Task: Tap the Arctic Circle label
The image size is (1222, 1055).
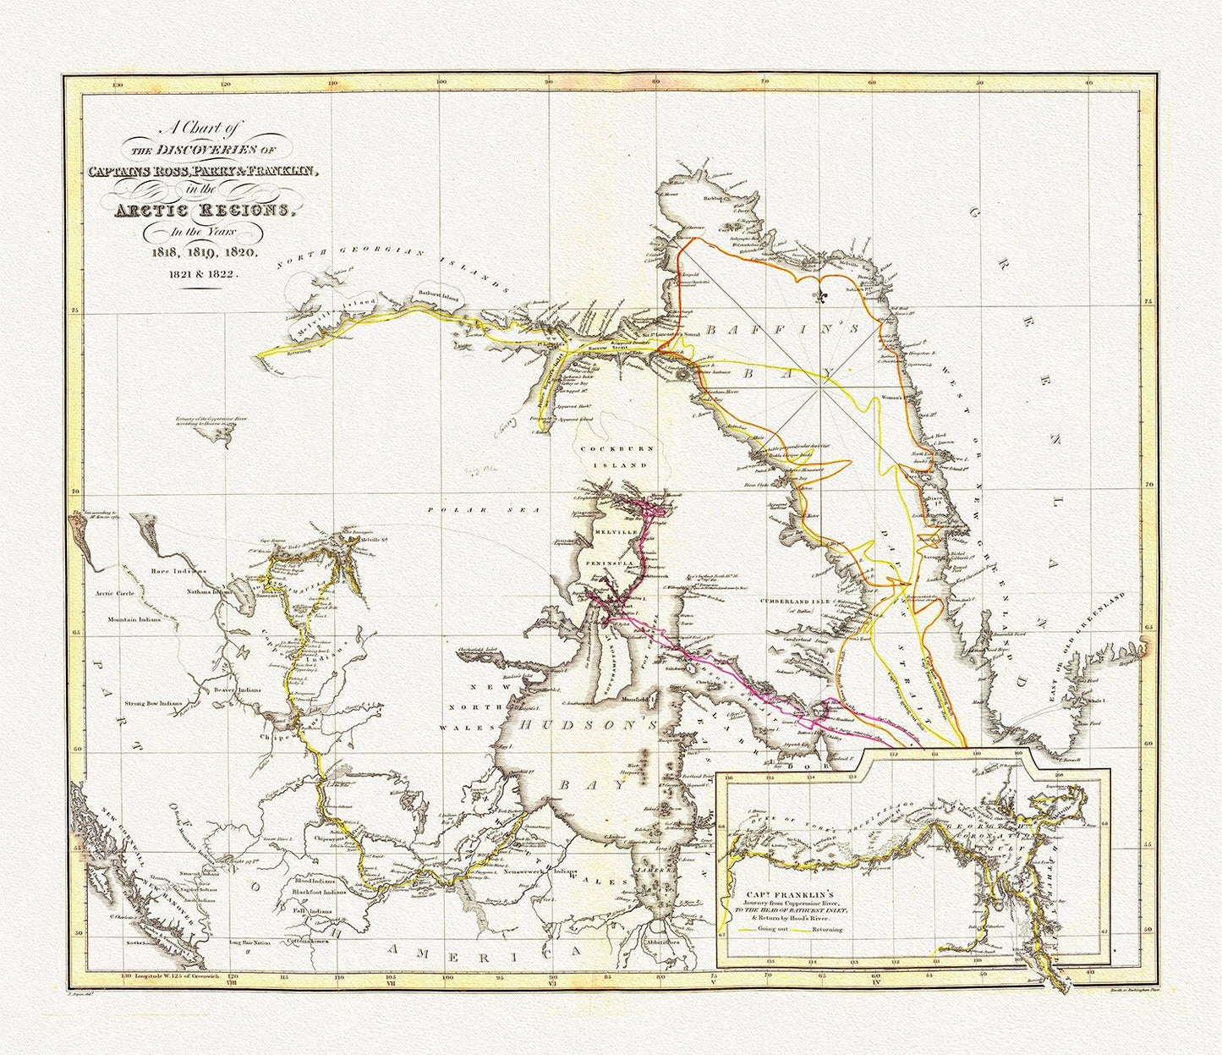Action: tap(117, 593)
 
